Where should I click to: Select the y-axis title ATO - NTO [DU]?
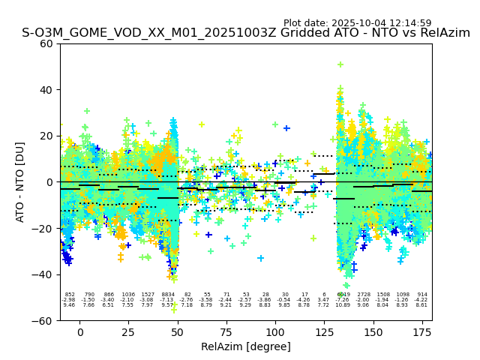coord(20,181)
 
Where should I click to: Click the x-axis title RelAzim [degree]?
coord(246,347)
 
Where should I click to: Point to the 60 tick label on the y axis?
coord(46,43)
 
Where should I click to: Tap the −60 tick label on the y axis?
coord(43,320)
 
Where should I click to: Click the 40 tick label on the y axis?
coord(46,90)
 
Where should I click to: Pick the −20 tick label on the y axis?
coord(43,228)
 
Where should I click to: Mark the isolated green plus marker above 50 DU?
coord(340,64)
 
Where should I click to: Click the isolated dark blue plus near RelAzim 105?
coord(286,128)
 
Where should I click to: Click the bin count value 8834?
coord(167,295)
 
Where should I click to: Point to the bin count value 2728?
coord(363,295)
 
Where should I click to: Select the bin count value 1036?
coord(128,295)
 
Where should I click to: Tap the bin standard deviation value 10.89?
coord(343,305)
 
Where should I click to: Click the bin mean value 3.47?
coord(323,300)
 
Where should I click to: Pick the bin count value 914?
coord(421,295)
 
